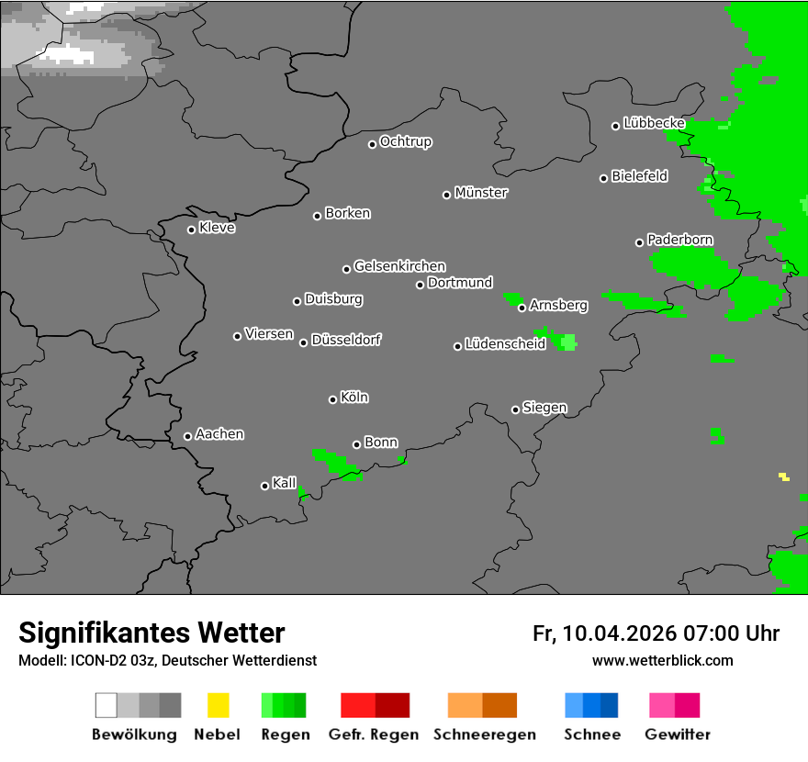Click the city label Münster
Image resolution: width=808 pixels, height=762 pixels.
point(481,193)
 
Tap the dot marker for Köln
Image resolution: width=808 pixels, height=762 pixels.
point(332,399)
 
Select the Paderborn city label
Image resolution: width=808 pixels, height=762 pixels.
point(680,240)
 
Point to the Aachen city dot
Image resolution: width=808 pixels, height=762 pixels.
point(187,436)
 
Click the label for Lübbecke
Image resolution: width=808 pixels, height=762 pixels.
point(654,123)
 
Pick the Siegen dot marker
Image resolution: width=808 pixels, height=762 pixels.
point(515,409)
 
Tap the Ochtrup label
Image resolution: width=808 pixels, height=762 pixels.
point(406,141)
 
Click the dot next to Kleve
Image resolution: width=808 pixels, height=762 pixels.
point(191,230)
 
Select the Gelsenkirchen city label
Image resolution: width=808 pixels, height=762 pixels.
point(399,266)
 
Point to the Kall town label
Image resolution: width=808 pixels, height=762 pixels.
point(285,483)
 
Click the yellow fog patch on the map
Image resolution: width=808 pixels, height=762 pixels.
point(784,476)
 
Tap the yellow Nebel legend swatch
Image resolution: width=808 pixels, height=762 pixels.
point(218,705)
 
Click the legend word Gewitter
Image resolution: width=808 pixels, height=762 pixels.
point(678,734)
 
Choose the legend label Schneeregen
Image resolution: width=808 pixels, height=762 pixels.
point(484,734)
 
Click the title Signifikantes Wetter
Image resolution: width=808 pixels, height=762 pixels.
point(151,633)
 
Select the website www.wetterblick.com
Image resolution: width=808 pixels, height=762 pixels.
point(662,660)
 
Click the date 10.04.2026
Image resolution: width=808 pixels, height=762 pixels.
point(620,633)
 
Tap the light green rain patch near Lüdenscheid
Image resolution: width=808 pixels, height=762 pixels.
point(568,342)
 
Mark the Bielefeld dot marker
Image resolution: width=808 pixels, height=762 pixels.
point(604,178)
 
